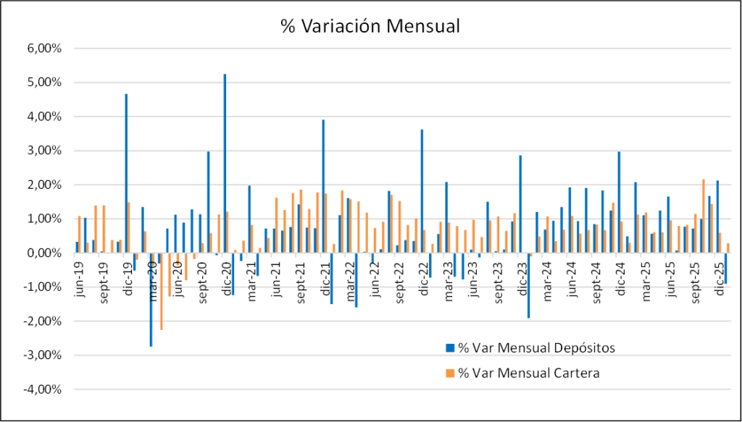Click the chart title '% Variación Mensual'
coord(370,26)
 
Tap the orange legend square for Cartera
coord(450,373)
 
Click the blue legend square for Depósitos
coord(450,347)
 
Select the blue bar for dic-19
coord(126,174)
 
